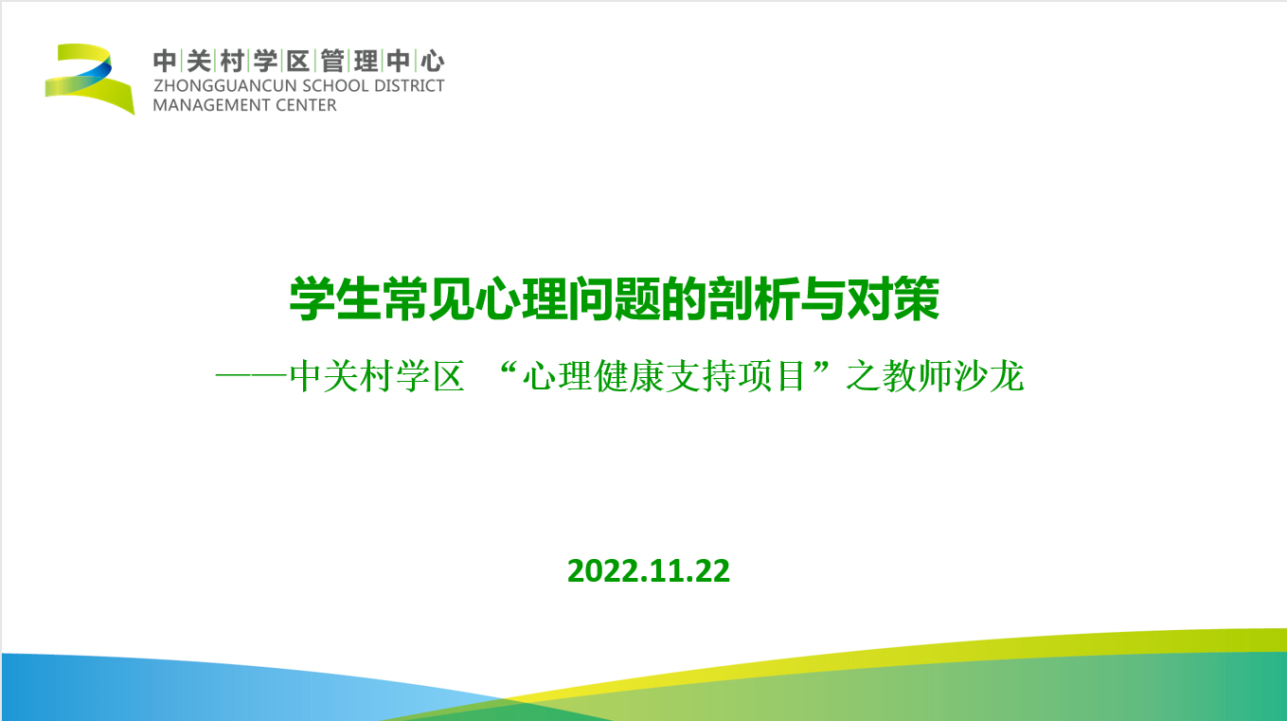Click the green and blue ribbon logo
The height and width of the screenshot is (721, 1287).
[90, 78]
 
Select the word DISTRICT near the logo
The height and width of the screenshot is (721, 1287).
[409, 85]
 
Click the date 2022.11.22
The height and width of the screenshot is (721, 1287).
[648, 571]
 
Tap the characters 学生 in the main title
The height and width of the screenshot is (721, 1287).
[335, 299]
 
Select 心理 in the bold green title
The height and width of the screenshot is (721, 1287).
[521, 299]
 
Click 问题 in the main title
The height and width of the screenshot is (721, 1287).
[615, 299]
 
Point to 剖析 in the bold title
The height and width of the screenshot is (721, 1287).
[753, 299]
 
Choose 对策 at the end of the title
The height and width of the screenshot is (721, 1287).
[893, 299]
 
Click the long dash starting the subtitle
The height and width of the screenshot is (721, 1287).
[251, 376]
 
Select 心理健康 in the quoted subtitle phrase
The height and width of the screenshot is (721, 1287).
[593, 376]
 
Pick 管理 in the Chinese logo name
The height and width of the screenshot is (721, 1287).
[349, 62]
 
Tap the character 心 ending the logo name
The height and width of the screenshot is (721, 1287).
[432, 62]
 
